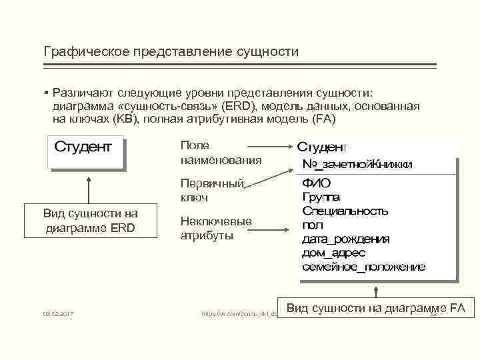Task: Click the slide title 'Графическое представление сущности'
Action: [x=171, y=51]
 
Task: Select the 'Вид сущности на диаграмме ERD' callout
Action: [x=90, y=220]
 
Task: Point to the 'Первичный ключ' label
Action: [x=212, y=191]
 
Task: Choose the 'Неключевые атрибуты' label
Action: [x=216, y=229]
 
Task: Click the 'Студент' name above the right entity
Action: [x=322, y=146]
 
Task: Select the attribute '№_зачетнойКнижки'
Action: [x=357, y=164]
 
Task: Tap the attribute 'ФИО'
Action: [x=317, y=183]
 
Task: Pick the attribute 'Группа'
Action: [x=321, y=197]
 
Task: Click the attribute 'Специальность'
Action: [x=345, y=211]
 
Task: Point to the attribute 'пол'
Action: [x=313, y=225]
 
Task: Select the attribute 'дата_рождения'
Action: [x=346, y=239]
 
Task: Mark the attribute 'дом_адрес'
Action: [x=334, y=253]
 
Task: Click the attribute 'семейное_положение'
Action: [x=363, y=267]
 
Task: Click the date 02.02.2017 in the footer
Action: [x=58, y=313]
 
